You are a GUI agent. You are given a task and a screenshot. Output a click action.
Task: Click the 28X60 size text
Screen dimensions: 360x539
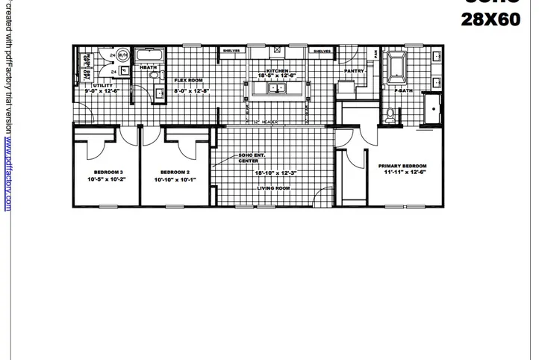click(x=491, y=20)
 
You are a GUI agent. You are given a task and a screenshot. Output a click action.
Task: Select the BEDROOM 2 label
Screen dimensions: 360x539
click(x=175, y=172)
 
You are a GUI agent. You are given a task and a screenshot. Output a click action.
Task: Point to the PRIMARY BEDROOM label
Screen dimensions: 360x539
click(x=402, y=166)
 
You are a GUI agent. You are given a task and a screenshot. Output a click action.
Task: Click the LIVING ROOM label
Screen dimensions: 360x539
click(x=273, y=188)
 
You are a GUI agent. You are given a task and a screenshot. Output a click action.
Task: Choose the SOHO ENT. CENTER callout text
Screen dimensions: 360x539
click(x=248, y=158)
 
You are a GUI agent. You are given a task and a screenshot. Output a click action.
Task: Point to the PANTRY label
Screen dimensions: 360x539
click(x=354, y=72)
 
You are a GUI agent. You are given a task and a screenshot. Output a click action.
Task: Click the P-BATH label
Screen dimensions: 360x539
click(x=404, y=90)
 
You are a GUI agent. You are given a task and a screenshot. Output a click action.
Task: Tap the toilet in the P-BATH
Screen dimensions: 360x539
click(x=390, y=117)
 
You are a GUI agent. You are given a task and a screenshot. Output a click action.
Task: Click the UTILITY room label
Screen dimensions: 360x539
click(x=102, y=86)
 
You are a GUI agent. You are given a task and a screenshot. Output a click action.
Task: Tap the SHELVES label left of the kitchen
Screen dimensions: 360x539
click(x=231, y=52)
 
